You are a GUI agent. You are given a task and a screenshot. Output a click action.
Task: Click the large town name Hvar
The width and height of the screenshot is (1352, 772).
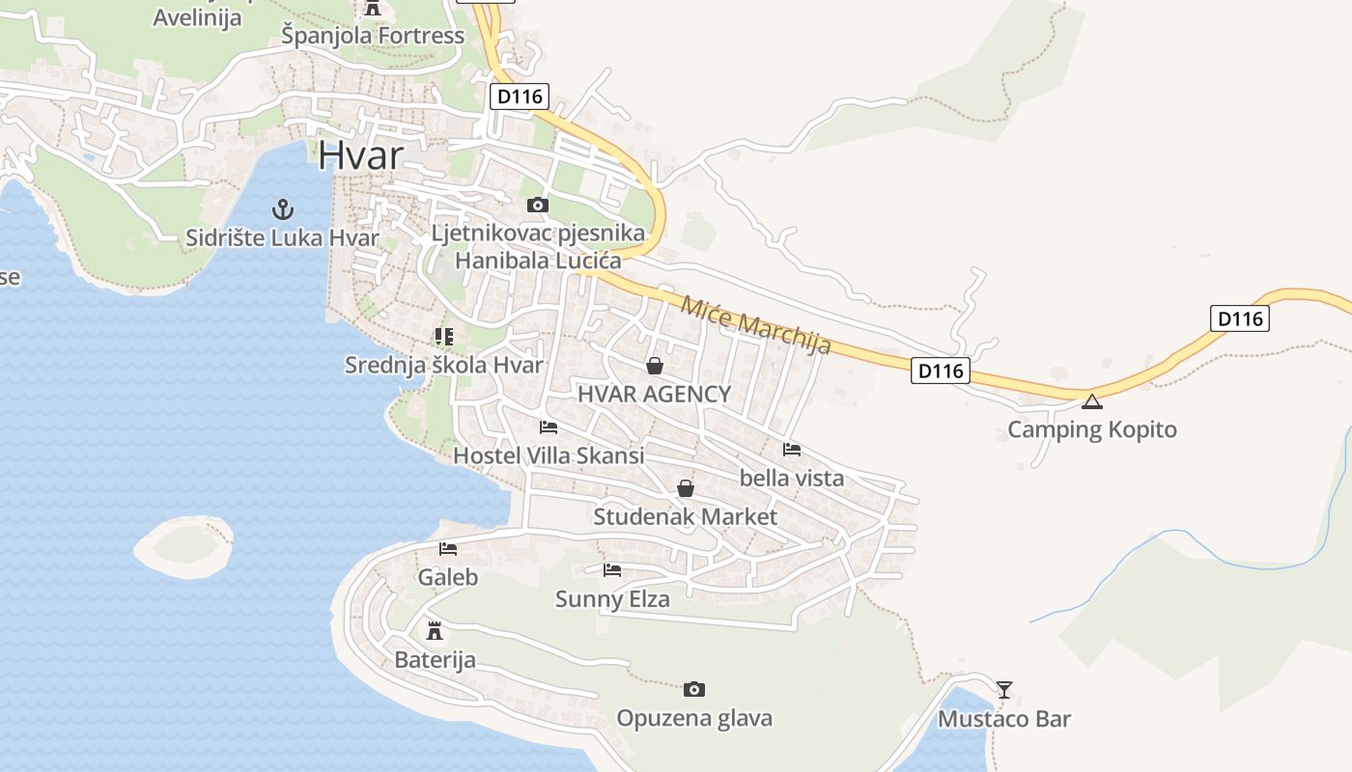pos(360,155)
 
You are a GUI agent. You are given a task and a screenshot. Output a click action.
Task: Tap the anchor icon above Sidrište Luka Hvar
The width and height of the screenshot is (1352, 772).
pos(282,208)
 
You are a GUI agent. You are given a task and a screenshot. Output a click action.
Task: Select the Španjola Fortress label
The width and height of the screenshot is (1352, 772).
pos(373,37)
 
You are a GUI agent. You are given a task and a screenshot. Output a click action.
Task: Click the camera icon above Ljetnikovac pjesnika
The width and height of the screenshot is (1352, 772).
pos(538,205)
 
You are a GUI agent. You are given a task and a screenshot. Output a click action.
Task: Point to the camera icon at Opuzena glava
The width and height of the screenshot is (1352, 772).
pos(693,689)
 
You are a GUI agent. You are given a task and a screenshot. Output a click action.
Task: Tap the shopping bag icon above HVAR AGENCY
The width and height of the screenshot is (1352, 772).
pos(654,366)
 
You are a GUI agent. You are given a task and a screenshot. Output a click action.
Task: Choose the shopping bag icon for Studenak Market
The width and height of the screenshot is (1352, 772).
pos(685,488)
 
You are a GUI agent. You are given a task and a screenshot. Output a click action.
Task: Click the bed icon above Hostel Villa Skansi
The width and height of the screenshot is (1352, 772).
pos(549,427)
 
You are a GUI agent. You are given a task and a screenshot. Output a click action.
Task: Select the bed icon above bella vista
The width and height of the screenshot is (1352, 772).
pos(792,449)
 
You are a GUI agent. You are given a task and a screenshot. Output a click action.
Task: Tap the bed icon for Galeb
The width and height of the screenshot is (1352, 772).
pos(448,549)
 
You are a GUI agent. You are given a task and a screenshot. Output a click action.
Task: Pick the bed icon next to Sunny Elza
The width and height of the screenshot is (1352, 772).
pos(612,570)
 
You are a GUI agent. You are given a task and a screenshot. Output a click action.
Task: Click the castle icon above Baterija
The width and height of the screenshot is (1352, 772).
pos(435,631)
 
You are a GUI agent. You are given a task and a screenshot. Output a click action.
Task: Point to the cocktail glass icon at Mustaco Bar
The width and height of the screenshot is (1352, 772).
pos(1004,689)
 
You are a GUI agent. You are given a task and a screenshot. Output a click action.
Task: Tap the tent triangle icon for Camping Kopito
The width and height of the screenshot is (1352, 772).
pos(1092,401)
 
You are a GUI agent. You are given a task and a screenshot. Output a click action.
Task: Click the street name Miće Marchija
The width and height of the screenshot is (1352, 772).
pos(755,325)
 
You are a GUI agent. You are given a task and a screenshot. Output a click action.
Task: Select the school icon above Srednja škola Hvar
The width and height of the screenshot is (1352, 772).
pos(444,337)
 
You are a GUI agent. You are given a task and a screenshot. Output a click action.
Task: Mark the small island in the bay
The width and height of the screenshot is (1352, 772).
pos(183,547)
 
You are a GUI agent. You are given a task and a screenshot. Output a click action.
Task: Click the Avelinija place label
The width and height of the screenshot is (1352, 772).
pos(197,17)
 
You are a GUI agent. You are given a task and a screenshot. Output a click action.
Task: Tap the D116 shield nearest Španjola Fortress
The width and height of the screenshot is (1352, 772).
pos(520,96)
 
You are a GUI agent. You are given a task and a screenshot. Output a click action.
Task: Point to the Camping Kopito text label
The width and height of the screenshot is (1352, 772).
pos(1092,429)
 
